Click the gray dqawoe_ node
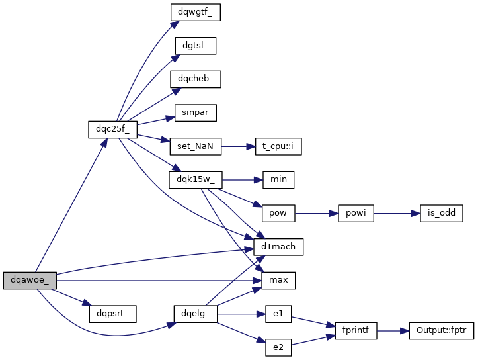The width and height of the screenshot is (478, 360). point(30,280)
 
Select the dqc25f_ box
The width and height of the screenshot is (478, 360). point(108,129)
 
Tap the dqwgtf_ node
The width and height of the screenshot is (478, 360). point(195,11)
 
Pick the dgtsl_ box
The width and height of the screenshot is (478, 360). point(195,46)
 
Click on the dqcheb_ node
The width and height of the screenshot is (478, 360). point(195,79)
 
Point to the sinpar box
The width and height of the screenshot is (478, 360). point(195,112)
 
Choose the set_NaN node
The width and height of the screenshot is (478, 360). point(195,146)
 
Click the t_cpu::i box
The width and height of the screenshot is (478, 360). point(278,146)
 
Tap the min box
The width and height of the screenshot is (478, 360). point(278,179)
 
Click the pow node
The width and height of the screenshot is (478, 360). point(278,213)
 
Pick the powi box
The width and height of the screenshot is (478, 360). point(356,213)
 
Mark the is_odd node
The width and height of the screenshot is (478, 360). point(436,213)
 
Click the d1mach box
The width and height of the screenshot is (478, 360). point(278,247)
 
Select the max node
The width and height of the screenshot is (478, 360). point(278,280)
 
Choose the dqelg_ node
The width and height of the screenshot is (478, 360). point(195,313)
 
